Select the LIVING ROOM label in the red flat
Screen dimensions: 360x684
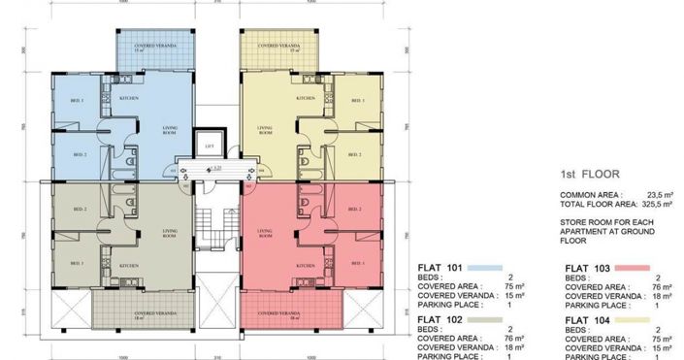[x=264, y=233]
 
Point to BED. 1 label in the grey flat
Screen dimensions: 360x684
[x=77, y=263]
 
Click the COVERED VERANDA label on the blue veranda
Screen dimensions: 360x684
[x=145, y=46]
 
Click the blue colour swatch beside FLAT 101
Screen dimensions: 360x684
[x=484, y=267]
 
